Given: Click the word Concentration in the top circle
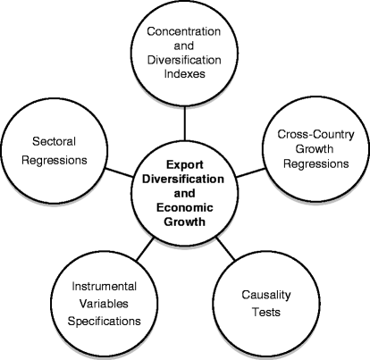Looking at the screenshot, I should [x=185, y=41].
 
